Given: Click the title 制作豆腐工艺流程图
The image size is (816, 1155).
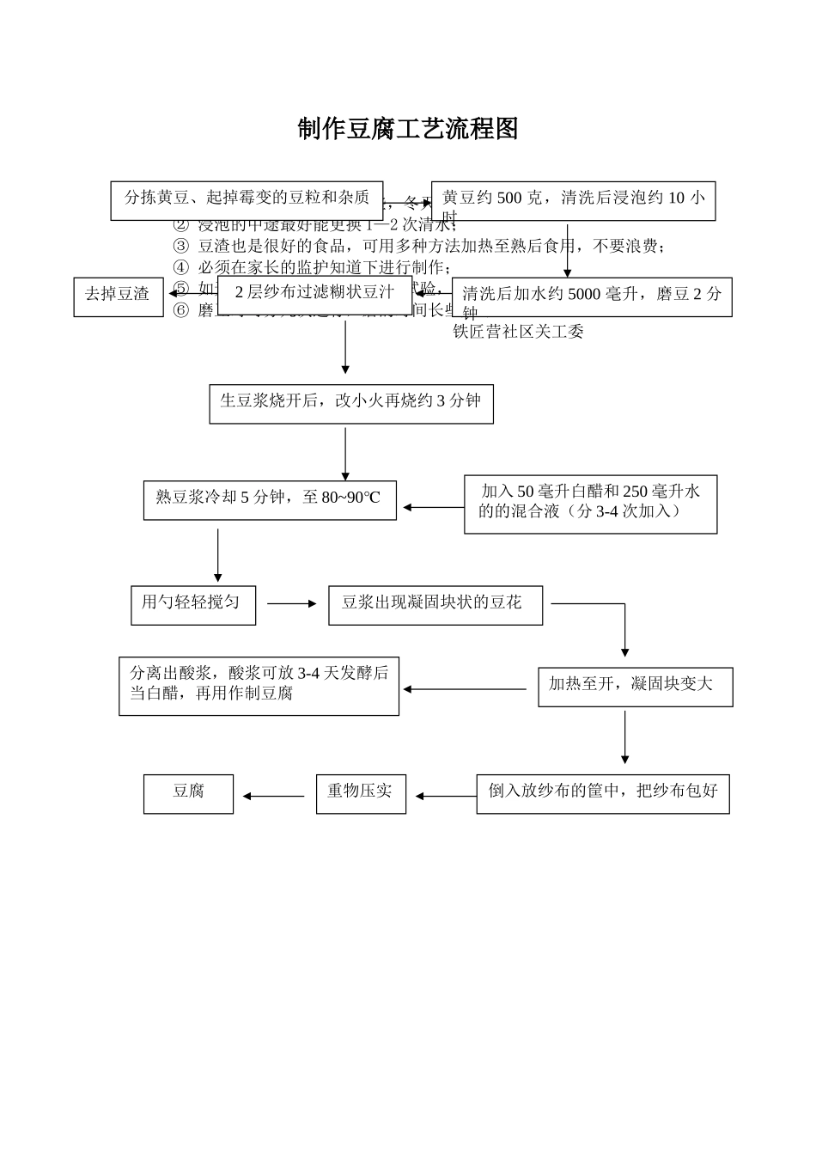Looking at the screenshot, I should coord(408,129).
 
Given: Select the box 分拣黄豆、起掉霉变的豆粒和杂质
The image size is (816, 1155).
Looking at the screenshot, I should coord(247,199).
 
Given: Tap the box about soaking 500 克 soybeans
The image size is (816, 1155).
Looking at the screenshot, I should coord(573,201).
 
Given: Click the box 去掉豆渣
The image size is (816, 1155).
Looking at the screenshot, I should coord(118,296).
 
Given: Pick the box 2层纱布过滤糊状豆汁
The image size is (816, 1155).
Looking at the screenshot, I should coord(314,294).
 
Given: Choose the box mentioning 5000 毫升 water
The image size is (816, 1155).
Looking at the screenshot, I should coord(592,296).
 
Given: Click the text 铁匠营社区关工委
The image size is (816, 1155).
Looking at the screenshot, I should coord(518,332).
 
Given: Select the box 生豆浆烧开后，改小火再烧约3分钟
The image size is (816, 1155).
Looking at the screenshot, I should coord(351,403).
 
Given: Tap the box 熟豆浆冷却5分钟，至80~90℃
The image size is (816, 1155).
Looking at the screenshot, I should coord(270,499).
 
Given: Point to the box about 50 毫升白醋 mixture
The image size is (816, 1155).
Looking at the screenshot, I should coord(590,504).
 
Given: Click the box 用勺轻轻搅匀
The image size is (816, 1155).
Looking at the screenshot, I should coord(192,604).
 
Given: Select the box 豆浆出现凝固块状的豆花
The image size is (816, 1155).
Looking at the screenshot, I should coord(435,605).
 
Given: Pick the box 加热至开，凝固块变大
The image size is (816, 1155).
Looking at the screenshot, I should coord(635,687).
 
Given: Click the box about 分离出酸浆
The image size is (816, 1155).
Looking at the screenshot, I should coord(259,686).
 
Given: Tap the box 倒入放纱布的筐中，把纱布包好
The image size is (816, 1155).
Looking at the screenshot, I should coord(602,793).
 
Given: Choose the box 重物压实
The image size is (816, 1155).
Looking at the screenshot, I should coord(361,793).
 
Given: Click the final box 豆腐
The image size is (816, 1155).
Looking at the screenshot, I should coord(188,793).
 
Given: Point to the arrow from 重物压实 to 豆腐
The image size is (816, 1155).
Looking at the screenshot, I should coord(274,797).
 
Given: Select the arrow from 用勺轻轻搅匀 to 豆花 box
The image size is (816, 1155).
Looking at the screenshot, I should coord(292,604).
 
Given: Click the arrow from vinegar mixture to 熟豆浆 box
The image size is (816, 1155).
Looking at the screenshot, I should coord(434,508).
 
